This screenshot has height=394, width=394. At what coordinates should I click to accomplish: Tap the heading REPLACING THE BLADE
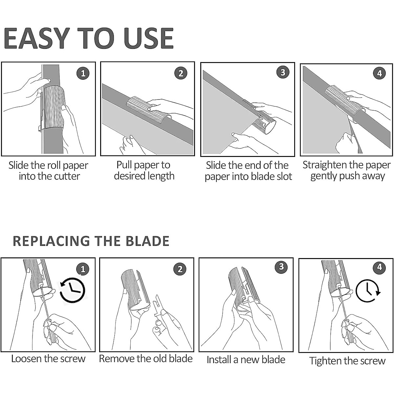click(x=91, y=241)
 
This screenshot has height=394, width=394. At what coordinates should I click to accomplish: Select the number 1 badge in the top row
click(x=83, y=73)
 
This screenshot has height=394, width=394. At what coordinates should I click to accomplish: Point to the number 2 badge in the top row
click(x=181, y=73)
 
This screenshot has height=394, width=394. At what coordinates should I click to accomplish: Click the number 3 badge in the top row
click(x=283, y=72)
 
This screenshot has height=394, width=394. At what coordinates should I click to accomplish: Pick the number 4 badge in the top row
click(x=380, y=73)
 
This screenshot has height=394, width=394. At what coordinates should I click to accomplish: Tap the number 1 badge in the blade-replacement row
click(x=83, y=269)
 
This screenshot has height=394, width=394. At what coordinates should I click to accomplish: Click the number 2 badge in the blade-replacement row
click(x=180, y=269)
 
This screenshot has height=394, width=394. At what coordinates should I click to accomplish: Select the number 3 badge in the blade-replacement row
click(x=281, y=267)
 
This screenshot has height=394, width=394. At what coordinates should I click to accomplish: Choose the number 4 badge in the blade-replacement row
click(x=380, y=267)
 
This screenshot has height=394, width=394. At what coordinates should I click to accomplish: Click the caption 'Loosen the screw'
click(x=48, y=359)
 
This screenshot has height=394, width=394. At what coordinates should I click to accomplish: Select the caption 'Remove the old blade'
click(x=146, y=359)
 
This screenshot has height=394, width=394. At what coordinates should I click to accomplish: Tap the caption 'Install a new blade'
click(x=246, y=360)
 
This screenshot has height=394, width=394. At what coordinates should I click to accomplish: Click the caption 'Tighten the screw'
click(x=347, y=361)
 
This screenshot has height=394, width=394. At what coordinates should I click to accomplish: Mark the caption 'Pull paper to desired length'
click(x=144, y=170)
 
